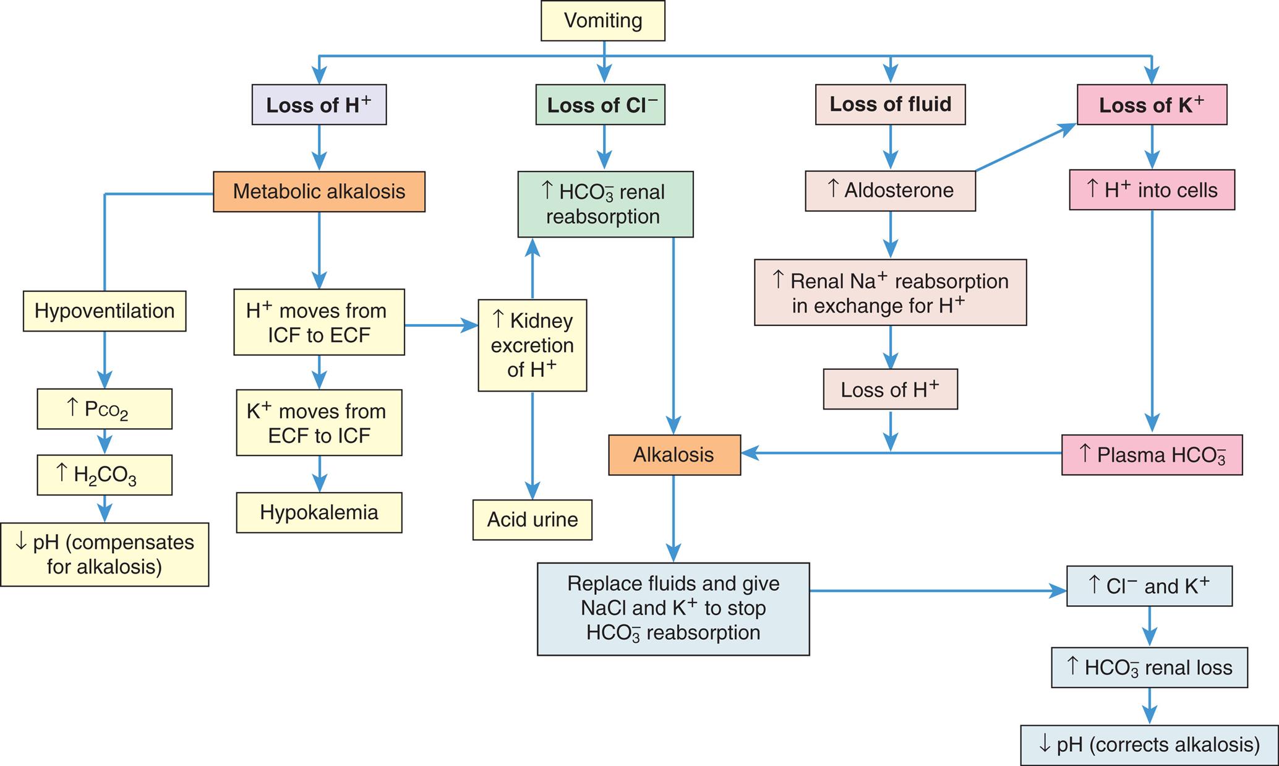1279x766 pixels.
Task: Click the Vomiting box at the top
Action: (x=603, y=21)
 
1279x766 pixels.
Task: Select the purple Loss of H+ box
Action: (x=319, y=105)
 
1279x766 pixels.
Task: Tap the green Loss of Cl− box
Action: (x=601, y=105)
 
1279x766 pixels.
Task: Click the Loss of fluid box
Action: (x=890, y=105)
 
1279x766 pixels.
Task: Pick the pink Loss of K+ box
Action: (x=1152, y=105)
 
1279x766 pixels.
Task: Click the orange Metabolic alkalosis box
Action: (x=319, y=192)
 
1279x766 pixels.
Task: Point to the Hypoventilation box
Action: (x=105, y=311)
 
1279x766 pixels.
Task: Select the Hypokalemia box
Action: (x=319, y=512)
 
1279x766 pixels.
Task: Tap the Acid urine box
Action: (x=533, y=520)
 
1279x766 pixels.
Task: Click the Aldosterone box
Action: (x=890, y=191)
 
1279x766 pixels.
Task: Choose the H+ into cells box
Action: (x=1152, y=191)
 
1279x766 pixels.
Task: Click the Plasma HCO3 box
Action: (x=1152, y=455)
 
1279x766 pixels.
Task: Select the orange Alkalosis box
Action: (x=674, y=455)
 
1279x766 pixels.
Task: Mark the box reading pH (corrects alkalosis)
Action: (x=1149, y=745)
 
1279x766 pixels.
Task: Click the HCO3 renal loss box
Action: (x=1149, y=668)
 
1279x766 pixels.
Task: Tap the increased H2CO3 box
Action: (x=105, y=475)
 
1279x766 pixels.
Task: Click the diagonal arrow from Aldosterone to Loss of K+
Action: (x=1025, y=147)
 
